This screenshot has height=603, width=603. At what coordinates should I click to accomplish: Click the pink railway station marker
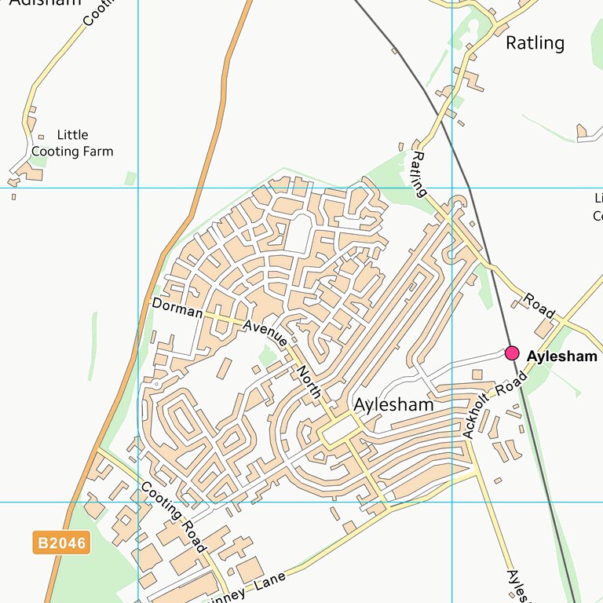(512, 353)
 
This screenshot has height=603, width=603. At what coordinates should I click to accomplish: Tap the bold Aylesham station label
(562, 356)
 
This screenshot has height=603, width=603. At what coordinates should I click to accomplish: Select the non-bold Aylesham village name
(393, 405)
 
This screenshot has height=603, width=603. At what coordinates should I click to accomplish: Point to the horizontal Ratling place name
(535, 42)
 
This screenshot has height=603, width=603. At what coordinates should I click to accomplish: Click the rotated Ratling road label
(418, 174)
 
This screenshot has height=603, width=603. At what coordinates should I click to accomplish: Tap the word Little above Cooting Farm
(72, 135)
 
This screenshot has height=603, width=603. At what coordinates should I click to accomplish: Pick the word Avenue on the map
(265, 334)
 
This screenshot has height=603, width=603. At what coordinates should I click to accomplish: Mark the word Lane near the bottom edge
(269, 582)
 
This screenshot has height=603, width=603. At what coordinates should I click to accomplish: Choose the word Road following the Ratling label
(539, 306)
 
